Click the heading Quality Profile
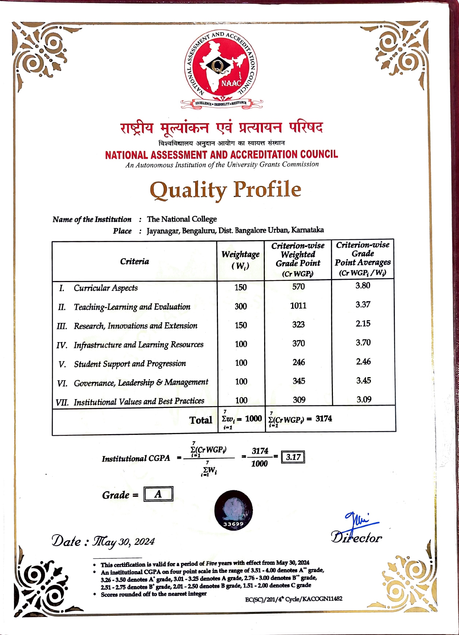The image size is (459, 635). pos(225,190)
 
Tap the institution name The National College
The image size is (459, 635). pos(182,219)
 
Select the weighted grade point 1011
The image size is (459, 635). pos(298,306)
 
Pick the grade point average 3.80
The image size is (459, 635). pos(363,286)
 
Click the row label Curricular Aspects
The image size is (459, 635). pos(106,288)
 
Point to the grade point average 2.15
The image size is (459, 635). pos(363,323)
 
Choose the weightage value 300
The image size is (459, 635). pos(241,306)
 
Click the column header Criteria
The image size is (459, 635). pos(134,261)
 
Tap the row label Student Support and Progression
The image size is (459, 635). pos(130,364)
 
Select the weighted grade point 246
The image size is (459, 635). pos(299,362)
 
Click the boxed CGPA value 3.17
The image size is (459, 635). pos(293,457)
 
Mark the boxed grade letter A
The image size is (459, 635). pos(158,494)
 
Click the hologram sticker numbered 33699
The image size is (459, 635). pos(233,510)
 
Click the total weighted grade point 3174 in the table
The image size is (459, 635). pos(324,418)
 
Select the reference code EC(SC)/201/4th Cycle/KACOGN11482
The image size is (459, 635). pos(294,599)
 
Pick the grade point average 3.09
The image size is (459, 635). pos(364,399)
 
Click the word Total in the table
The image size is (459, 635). pos(201,420)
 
